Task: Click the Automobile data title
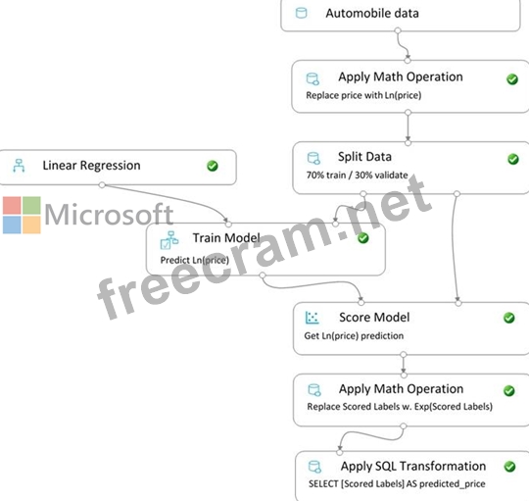[372, 13]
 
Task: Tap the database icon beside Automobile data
[301, 13]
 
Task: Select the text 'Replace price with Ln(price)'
[363, 95]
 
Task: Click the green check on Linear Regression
[213, 166]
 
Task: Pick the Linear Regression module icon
[19, 166]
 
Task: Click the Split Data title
[364, 157]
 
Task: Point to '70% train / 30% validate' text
[357, 175]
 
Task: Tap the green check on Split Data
[513, 159]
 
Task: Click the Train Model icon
[169, 240]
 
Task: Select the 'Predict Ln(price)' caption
[195, 260]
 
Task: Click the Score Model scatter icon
[312, 318]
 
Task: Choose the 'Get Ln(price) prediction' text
[354, 336]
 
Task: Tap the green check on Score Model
[509, 318]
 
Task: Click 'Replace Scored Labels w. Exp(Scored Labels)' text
[400, 407]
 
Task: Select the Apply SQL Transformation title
[413, 467]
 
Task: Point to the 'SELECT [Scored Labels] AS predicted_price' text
[397, 483]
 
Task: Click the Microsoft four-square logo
[22, 215]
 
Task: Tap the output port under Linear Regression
[102, 184]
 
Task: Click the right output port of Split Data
[457, 194]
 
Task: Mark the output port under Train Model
[263, 276]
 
